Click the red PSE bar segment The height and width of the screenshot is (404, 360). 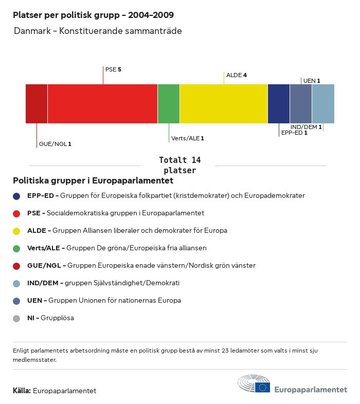(x=102, y=104)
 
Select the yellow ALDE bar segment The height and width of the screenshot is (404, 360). (x=224, y=104)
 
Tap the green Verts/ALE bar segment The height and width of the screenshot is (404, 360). (x=169, y=104)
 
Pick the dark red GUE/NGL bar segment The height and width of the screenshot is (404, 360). (x=37, y=104)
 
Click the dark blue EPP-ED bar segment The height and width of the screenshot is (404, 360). (x=279, y=104)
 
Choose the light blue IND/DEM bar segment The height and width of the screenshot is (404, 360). (x=323, y=104)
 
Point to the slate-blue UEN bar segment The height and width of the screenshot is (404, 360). (x=301, y=104)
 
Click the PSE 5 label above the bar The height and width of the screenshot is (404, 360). (x=113, y=69)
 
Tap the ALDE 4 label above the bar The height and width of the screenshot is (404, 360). (x=237, y=75)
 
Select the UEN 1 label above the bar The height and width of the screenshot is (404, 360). (x=312, y=81)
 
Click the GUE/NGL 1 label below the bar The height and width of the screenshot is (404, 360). (x=55, y=144)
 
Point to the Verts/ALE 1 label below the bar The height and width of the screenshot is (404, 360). (x=188, y=138)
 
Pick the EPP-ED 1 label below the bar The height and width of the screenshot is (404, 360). (x=294, y=133)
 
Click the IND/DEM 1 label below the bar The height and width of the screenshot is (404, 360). (x=306, y=127)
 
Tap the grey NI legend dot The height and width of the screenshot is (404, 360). (x=16, y=318)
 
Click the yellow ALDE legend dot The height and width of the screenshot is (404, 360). (x=16, y=231)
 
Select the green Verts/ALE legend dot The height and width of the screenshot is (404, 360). (x=16, y=248)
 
